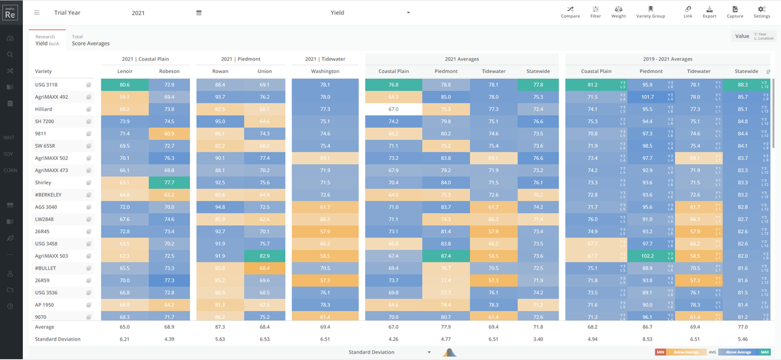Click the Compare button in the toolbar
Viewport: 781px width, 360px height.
coord(570,12)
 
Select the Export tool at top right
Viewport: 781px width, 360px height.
coord(709,12)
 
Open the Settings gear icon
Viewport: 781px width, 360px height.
coord(761,12)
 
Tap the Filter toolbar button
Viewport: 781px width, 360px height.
coord(596,12)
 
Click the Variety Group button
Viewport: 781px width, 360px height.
coord(650,12)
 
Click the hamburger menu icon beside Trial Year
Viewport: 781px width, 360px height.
coord(37,12)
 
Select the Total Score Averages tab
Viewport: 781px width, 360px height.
coord(90,40)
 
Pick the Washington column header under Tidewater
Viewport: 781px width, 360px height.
coord(325,71)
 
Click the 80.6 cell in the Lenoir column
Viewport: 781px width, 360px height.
coord(125,85)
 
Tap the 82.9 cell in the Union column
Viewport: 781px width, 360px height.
coord(264,256)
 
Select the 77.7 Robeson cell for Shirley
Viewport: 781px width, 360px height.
coord(169,182)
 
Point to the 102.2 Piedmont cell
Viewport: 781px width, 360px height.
coord(647,256)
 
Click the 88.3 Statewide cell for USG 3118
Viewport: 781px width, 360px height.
coord(742,85)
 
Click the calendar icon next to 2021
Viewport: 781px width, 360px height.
coord(199,12)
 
